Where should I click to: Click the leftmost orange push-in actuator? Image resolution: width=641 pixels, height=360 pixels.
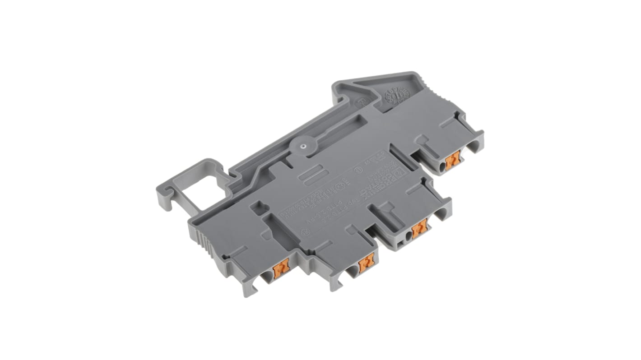[280, 269]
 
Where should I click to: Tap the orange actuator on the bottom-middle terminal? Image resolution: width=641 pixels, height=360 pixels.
[366, 263]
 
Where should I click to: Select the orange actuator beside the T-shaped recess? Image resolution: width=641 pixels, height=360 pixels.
[419, 228]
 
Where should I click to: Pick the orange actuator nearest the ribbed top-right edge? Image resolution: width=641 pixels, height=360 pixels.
[452, 160]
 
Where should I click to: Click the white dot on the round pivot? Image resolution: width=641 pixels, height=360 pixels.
[302, 145]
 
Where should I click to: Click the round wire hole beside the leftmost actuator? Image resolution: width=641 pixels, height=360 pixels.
[267, 277]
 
